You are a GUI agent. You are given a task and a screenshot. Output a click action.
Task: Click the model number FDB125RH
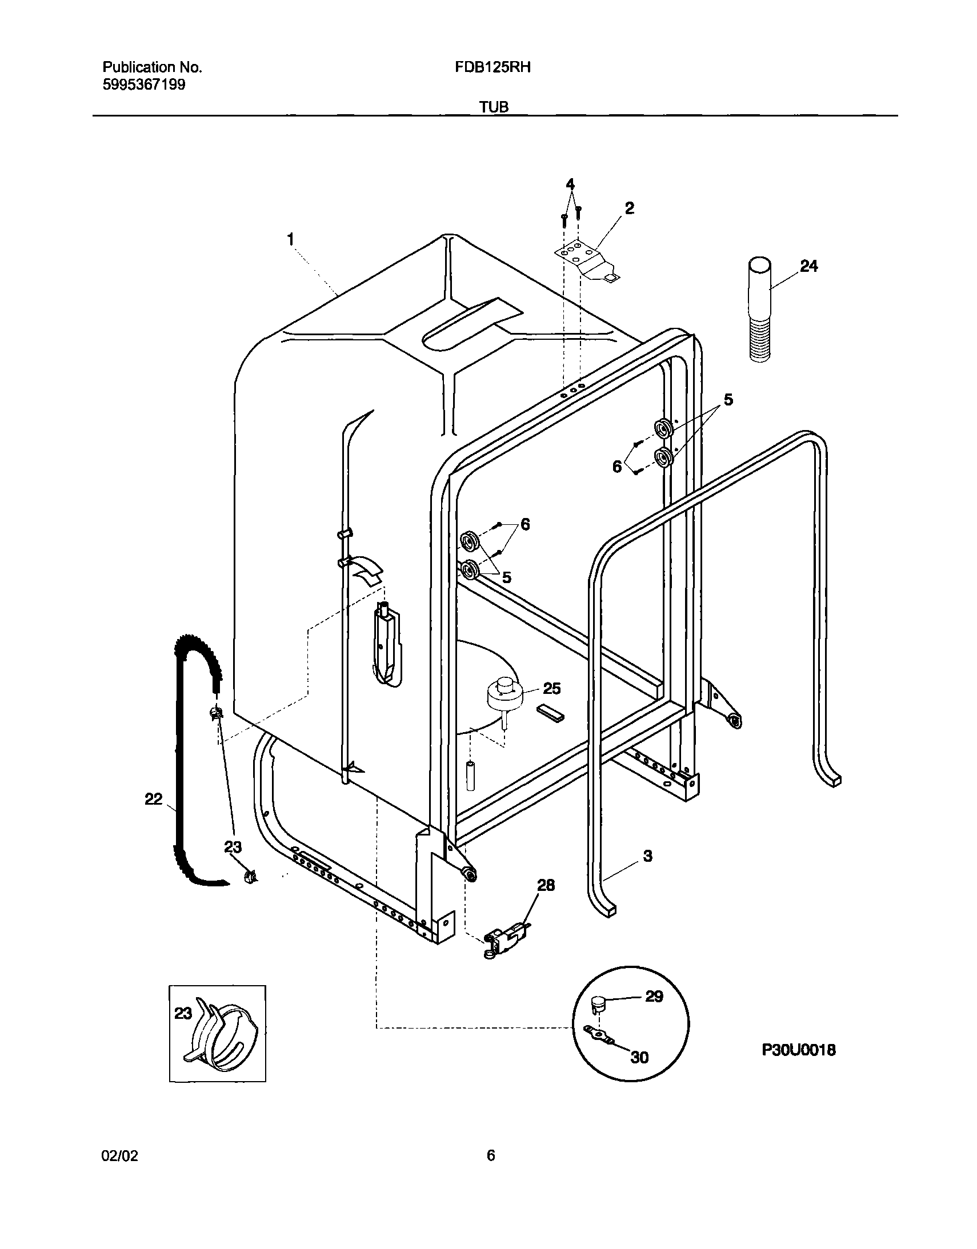pyautogui.click(x=492, y=67)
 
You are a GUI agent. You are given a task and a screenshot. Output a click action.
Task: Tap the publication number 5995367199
pyautogui.click(x=143, y=85)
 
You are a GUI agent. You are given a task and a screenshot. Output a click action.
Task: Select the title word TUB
pyautogui.click(x=494, y=107)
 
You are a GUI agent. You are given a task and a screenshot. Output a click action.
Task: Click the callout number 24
pyautogui.click(x=808, y=266)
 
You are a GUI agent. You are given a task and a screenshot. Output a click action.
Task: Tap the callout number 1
pyautogui.click(x=291, y=239)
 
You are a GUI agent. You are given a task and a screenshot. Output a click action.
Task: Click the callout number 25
pyautogui.click(x=552, y=688)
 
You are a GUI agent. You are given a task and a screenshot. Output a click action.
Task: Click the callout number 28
pyautogui.click(x=546, y=885)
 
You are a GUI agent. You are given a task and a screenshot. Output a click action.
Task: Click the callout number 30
pyautogui.click(x=639, y=1058)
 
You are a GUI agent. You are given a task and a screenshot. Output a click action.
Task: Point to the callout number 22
pyautogui.click(x=153, y=799)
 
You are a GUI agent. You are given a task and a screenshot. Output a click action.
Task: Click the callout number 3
pyautogui.click(x=647, y=856)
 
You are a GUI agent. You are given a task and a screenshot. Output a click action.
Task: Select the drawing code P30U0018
pyautogui.click(x=799, y=1050)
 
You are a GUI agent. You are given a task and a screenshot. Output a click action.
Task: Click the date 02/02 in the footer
pyautogui.click(x=119, y=1155)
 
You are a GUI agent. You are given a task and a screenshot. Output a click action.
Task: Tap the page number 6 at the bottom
pyautogui.click(x=491, y=1155)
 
